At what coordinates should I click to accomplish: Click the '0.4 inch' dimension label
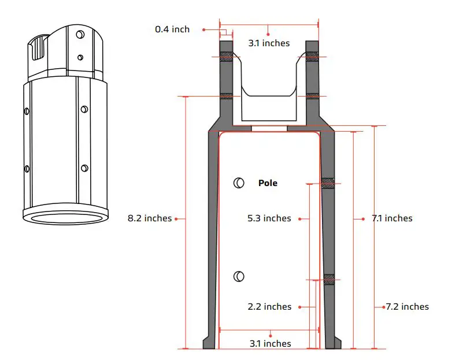pos(172,29)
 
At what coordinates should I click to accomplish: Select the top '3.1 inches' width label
pos(269,43)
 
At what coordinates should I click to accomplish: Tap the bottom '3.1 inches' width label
pos(270,343)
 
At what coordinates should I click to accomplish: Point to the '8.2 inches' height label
pos(150,218)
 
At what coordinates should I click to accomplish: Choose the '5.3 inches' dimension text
pos(269,218)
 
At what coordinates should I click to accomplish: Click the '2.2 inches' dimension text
pos(269,307)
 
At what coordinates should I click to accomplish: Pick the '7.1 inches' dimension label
pos(391,218)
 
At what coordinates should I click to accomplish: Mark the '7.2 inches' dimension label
pos(408,307)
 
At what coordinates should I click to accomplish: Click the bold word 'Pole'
pos(268,183)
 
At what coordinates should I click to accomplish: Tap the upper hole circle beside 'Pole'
pos(238,183)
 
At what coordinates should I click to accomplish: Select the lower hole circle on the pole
pos(238,277)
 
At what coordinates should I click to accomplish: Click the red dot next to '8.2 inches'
pos(176,218)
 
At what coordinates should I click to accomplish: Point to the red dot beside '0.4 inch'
pos(203,29)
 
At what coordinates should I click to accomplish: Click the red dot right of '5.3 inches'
pos(301,218)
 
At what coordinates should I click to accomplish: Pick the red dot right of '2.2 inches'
pos(301,307)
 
